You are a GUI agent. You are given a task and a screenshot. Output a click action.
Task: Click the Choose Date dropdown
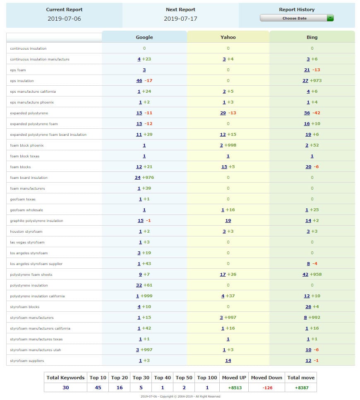tap(296, 18)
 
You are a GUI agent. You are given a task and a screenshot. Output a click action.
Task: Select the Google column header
tap(144, 37)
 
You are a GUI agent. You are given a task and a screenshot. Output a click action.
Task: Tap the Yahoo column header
tap(228, 37)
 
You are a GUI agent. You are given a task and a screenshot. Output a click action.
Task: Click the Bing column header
tap(312, 37)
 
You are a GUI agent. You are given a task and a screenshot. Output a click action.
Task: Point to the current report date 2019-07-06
tap(64, 19)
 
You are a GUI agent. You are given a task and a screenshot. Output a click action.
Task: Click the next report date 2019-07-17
tap(180, 19)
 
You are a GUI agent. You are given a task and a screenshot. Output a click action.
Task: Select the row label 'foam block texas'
tap(25, 156)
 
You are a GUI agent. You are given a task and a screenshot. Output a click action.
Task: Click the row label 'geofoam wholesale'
tap(26, 210)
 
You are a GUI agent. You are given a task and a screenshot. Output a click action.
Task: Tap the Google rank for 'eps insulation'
tap(139, 81)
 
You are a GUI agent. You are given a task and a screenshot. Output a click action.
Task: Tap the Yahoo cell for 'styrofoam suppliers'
tap(228, 361)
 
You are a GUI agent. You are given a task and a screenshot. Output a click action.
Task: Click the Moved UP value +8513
tap(234, 388)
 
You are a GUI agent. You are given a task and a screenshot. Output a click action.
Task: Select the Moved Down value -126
tap(266, 388)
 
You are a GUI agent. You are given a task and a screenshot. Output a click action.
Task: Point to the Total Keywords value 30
tap(65, 388)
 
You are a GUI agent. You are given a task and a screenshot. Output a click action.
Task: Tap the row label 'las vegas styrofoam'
tap(27, 242)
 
